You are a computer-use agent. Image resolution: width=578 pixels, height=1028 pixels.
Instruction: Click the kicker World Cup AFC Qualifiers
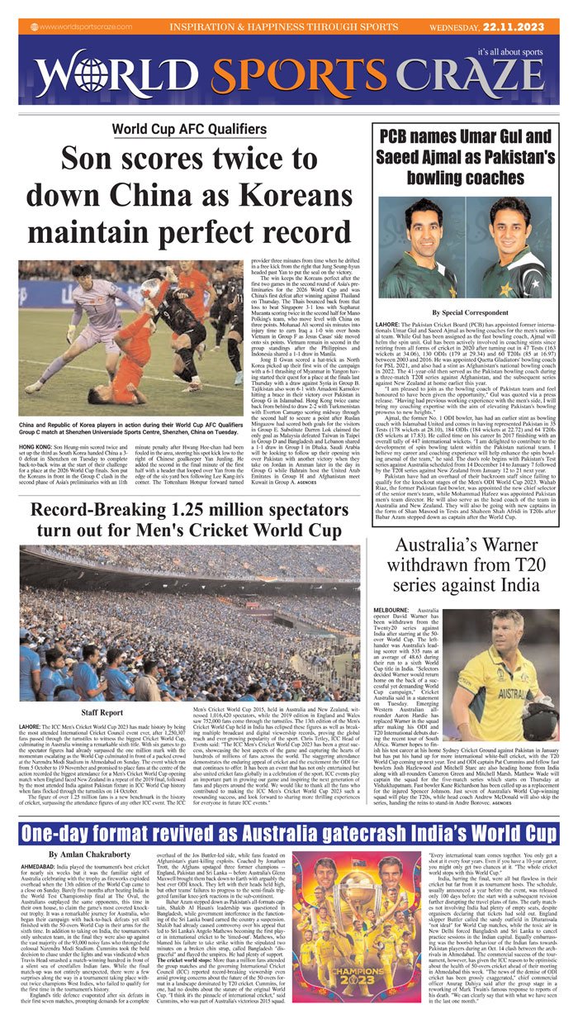click(184, 129)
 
